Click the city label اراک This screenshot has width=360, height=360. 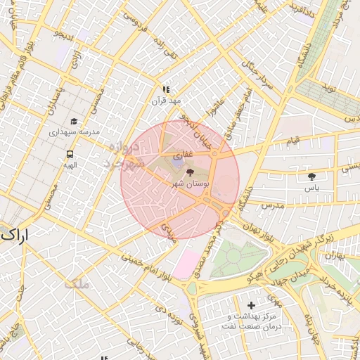coord(15,236)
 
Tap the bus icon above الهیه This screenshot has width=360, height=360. coord(70,153)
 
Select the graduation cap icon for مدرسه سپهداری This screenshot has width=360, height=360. coord(75,121)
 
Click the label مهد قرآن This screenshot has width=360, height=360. coord(166,101)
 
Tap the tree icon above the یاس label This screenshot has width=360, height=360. coord(311,176)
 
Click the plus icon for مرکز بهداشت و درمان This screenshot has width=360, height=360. coord(251,305)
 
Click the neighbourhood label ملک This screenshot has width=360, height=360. coord(77,284)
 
